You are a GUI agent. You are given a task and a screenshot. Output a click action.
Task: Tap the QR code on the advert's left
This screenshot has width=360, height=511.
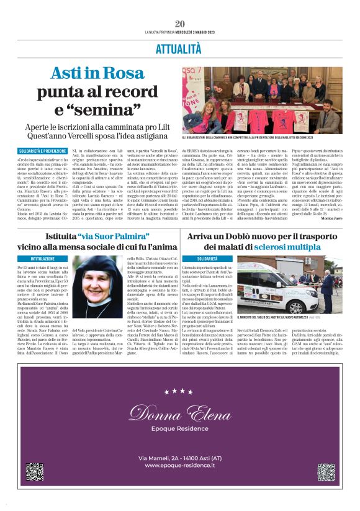click(x=34, y=472)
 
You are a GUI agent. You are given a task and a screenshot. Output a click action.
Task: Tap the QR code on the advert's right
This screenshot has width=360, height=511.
click(x=326, y=472)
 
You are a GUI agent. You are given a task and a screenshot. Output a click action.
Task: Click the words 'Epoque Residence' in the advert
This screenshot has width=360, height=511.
click(x=180, y=428)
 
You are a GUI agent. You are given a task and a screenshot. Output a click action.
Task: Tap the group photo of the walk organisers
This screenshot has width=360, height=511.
click(x=261, y=99)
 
